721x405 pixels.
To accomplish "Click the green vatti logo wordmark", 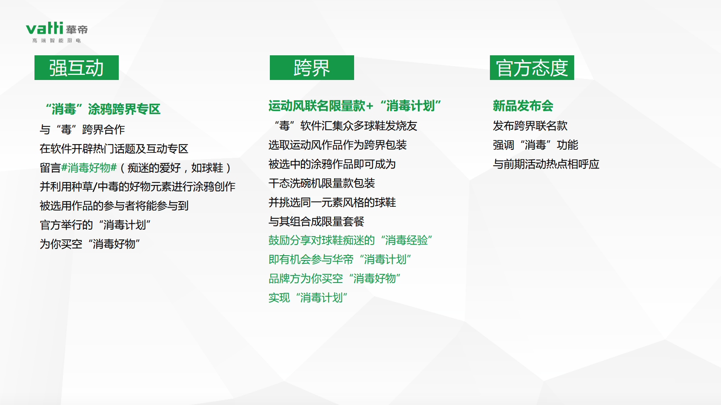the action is click(x=44, y=29).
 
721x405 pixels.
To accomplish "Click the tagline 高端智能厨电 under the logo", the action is click(x=56, y=40).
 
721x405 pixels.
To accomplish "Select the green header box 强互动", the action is click(x=77, y=68).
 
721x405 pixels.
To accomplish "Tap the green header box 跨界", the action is click(x=312, y=68).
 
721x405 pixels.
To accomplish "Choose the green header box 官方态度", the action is click(x=532, y=68).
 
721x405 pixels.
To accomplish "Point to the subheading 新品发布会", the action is click(x=523, y=106).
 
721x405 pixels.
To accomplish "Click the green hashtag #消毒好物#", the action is click(x=89, y=168).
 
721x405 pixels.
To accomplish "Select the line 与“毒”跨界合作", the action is click(x=82, y=130).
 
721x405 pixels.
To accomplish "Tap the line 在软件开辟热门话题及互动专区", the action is click(x=114, y=148).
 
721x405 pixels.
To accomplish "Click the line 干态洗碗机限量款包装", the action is click(x=321, y=183).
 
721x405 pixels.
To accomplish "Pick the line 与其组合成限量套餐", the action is click(x=316, y=221).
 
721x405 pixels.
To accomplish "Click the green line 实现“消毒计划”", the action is click(x=308, y=297).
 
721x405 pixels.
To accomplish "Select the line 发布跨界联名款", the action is click(x=530, y=126).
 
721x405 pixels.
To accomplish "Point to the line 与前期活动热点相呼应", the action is click(x=546, y=164).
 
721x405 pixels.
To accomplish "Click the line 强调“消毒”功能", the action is click(x=535, y=145).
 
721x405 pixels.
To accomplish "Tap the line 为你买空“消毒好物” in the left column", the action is click(x=90, y=244).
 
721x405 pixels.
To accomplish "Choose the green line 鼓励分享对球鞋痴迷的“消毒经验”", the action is click(x=351, y=240).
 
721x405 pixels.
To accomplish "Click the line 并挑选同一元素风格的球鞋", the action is click(x=332, y=202).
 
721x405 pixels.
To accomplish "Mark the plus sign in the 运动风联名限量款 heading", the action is click(x=369, y=106).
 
